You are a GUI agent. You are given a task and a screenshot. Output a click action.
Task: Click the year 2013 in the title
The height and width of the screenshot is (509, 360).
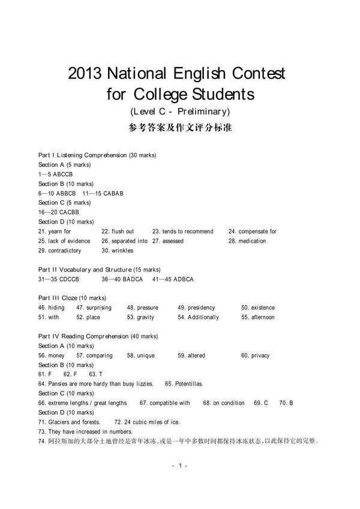click(85, 74)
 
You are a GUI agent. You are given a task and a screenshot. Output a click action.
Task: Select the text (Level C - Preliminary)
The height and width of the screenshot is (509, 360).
click(180, 112)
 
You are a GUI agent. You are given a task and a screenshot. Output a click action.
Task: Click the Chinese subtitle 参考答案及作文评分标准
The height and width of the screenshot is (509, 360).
click(180, 128)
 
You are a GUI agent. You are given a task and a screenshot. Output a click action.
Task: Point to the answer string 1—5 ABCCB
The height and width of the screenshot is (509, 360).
click(55, 174)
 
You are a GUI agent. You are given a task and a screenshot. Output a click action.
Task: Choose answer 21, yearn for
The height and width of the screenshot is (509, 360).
click(55, 231)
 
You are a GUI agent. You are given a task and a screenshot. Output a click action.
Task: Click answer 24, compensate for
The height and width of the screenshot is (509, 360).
click(253, 231)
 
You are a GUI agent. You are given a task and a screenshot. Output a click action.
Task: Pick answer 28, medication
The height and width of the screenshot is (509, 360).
click(247, 241)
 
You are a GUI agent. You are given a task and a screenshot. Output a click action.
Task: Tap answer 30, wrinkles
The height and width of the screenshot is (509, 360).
click(118, 251)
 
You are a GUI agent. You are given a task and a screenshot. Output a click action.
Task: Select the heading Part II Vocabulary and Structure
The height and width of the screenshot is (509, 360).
click(99, 270)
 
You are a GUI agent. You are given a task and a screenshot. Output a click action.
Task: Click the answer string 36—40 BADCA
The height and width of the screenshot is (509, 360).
click(122, 279)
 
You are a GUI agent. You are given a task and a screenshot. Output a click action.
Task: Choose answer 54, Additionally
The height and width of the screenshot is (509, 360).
click(198, 317)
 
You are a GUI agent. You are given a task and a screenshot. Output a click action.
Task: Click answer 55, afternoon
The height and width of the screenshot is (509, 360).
click(258, 317)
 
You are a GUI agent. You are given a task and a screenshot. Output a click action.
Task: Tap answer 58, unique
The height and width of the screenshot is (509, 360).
click(141, 356)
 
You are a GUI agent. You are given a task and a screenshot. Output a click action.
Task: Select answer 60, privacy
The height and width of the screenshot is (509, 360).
click(256, 356)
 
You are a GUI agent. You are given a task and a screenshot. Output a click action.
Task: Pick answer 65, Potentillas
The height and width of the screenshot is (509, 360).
click(184, 384)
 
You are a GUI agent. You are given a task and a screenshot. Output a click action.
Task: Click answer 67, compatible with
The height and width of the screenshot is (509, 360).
click(165, 403)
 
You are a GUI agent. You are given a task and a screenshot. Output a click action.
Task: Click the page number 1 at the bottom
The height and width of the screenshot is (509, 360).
click(180, 466)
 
